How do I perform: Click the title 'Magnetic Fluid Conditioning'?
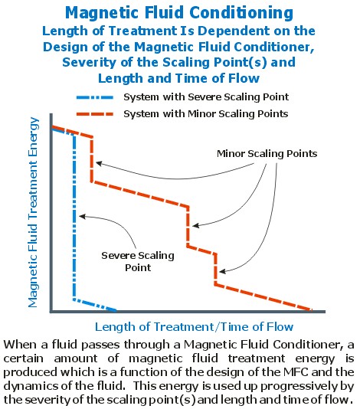179,13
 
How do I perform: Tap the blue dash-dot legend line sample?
95,97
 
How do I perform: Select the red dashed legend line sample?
95,114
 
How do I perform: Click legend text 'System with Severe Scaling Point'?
206,97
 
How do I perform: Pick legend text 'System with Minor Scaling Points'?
206,113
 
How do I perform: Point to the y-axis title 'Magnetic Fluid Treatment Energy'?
33,213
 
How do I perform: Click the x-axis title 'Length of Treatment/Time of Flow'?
194,326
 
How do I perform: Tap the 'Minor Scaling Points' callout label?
267,153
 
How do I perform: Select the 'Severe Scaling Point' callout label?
138,261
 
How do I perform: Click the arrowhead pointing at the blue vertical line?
81,216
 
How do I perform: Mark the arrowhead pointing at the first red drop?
98,164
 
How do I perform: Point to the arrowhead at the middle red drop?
195,226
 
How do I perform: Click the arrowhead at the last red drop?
222,272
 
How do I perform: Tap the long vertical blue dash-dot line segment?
74,217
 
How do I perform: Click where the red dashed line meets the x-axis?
311,310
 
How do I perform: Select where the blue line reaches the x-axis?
115,310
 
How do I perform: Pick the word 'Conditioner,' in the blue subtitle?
274,47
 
